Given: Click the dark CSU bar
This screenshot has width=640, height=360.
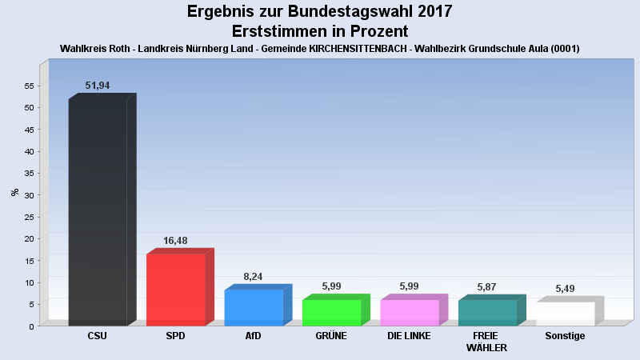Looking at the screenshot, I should [98, 212].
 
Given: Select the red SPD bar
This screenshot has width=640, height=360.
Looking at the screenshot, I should [175, 290].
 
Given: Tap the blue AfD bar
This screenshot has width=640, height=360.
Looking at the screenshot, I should [253, 308].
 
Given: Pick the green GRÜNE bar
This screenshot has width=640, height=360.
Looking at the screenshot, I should [331, 313].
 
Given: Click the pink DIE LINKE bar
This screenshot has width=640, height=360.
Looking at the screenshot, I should [409, 313].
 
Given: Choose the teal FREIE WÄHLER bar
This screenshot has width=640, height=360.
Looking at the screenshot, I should [487, 313].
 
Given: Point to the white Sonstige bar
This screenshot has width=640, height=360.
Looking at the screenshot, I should [565, 314].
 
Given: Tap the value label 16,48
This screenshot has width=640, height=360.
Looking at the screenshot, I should [175, 240].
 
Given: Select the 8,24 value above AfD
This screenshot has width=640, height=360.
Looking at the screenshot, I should [253, 277].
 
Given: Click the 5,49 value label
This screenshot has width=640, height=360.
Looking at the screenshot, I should [565, 289].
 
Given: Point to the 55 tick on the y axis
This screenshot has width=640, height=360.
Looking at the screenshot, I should [29, 86].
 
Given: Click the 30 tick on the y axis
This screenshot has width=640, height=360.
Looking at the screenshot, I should [29, 195].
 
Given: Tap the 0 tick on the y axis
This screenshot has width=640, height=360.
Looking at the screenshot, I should [31, 326].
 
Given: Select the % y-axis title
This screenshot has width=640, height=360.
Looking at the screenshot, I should [15, 192].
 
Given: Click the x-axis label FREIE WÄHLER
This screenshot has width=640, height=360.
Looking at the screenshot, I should [487, 342].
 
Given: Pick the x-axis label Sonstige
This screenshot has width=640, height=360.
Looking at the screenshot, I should [565, 336].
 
